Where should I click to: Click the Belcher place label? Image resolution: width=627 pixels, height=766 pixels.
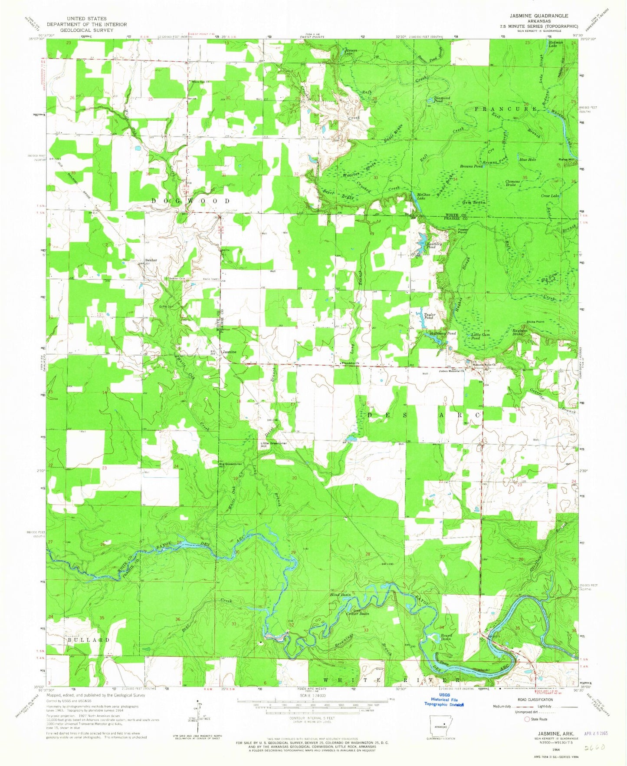pos(151,260)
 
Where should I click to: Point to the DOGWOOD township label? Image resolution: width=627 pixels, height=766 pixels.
pos(191,201)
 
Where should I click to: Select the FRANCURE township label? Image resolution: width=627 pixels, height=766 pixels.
pos(506,109)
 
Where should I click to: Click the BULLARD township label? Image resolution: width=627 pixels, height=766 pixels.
pos(88,640)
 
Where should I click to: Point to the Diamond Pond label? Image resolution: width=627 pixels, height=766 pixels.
pos(442,99)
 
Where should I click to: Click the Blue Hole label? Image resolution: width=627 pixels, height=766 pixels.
pos(528,159)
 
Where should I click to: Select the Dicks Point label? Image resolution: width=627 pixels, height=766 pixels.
pos(535,322)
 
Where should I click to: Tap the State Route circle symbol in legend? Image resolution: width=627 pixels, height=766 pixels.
pos(528,719)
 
